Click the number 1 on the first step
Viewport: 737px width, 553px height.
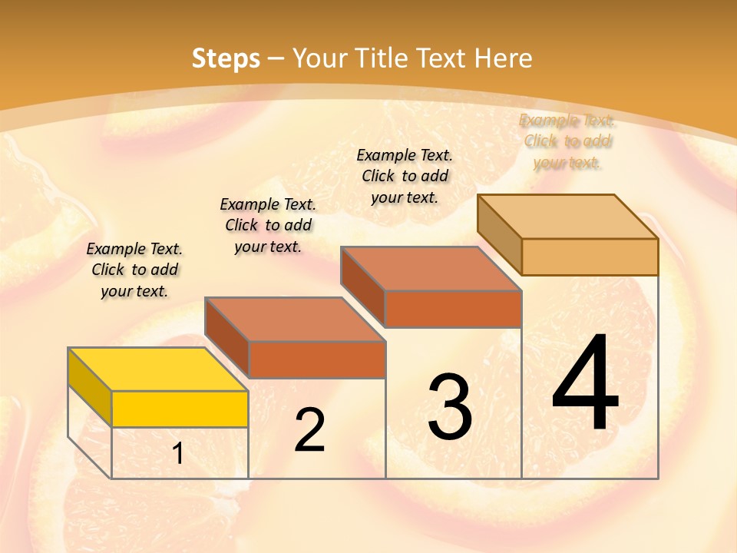[x=178, y=454]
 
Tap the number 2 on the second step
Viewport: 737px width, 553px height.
[x=309, y=430]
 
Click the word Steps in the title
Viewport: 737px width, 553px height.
[x=226, y=58]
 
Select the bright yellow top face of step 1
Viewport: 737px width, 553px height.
[x=157, y=369]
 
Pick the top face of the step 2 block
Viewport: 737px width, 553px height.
[x=295, y=319]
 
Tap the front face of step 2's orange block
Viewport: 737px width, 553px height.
[x=317, y=359]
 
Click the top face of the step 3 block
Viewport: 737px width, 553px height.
[x=431, y=269]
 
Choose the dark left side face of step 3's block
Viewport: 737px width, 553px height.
[x=362, y=286]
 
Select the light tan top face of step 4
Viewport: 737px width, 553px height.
[x=567, y=217]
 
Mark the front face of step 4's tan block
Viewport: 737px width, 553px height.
[x=590, y=257]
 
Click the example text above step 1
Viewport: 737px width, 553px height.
[x=134, y=270]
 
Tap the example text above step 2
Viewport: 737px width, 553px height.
[x=268, y=225]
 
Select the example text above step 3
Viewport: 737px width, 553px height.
[x=405, y=176]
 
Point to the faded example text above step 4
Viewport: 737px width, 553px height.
[x=567, y=141]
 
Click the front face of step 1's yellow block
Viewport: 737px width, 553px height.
[x=180, y=409]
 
